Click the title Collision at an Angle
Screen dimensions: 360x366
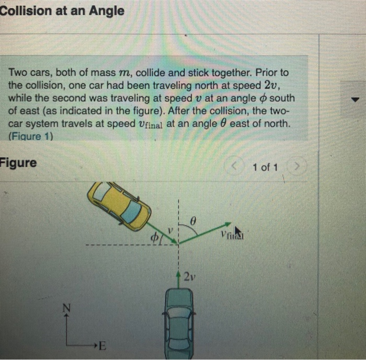click(x=62, y=10)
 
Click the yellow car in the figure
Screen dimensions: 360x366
click(x=119, y=205)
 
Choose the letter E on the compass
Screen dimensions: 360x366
click(x=101, y=345)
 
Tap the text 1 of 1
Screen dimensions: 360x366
click(x=265, y=167)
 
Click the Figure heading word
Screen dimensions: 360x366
click(x=19, y=162)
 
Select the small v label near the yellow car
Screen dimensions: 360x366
click(x=170, y=230)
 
